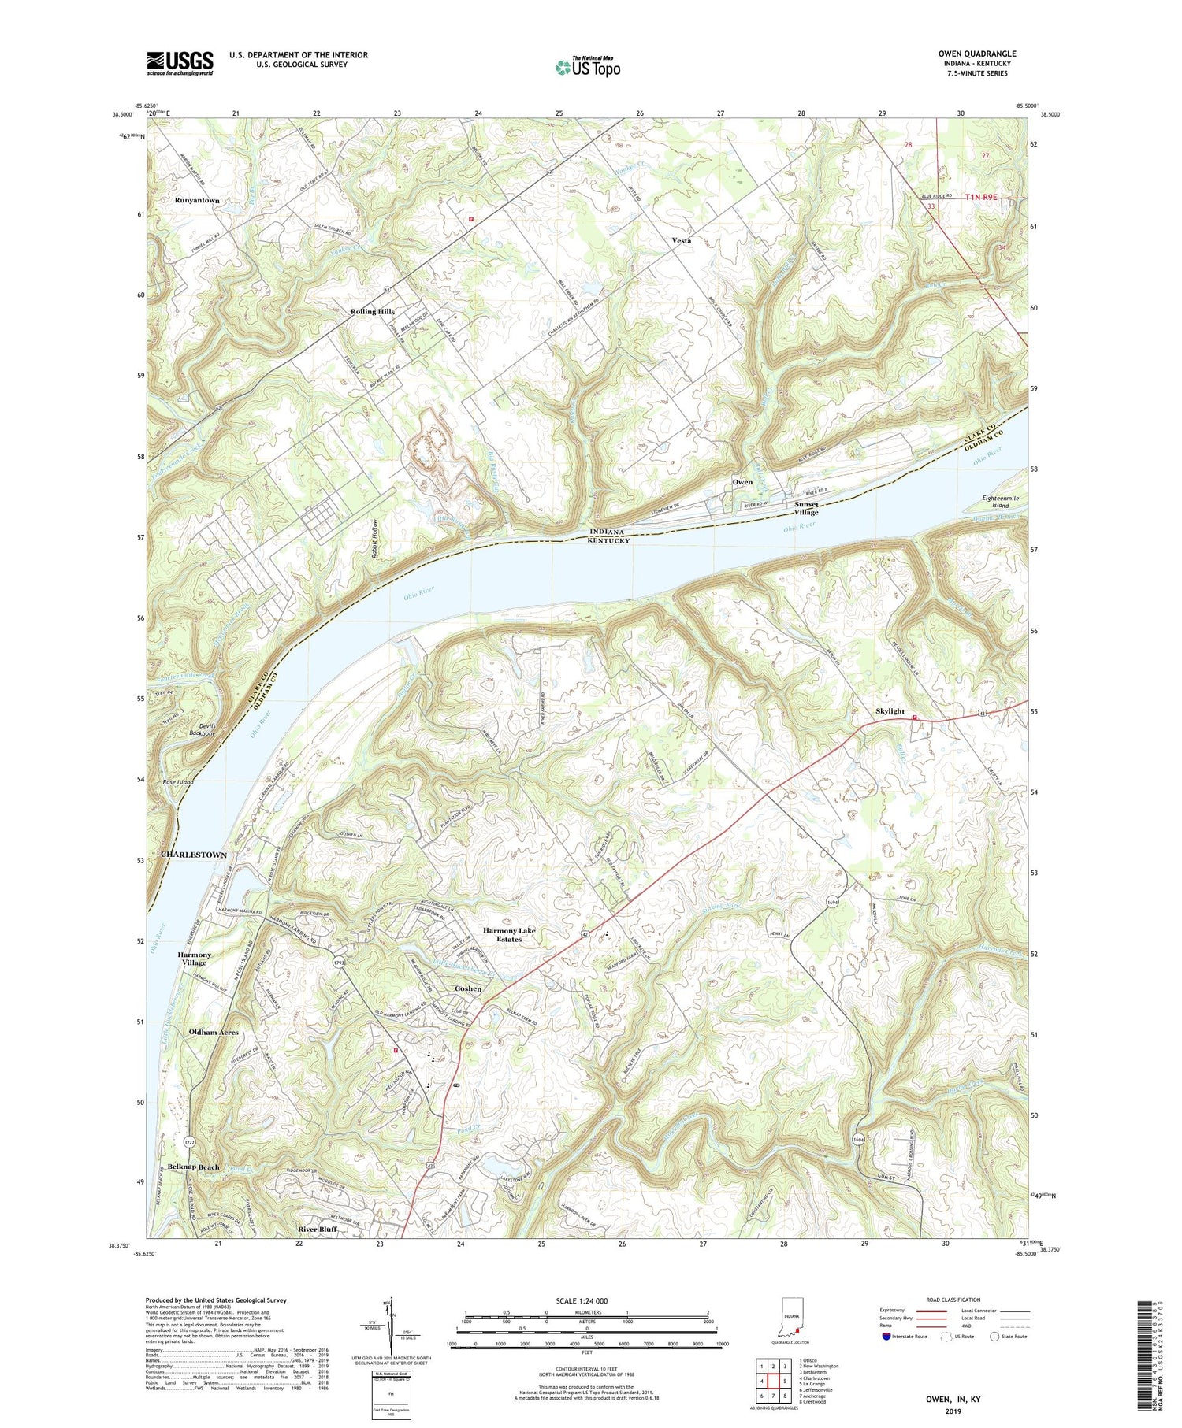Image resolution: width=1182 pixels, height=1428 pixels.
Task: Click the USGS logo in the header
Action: coord(180,63)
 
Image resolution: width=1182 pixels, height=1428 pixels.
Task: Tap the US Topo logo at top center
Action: coord(587,67)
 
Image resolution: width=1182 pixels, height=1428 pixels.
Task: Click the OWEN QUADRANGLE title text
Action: coord(976,54)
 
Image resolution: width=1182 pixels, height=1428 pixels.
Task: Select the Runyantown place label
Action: coord(197,201)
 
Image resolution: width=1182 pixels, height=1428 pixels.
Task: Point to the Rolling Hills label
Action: coord(372,312)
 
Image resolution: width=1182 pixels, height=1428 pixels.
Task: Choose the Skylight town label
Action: coord(890,711)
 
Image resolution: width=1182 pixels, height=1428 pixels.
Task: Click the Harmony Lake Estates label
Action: coord(509,935)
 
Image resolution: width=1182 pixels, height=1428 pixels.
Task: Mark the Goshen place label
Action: coord(468,989)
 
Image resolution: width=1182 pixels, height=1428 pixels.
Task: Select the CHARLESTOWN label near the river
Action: coord(194,855)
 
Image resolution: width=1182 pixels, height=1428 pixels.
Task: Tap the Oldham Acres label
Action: coord(214,1033)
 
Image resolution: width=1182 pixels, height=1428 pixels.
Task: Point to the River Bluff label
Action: coord(318,1230)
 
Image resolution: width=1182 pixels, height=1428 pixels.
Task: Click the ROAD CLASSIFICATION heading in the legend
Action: coord(954,1300)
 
